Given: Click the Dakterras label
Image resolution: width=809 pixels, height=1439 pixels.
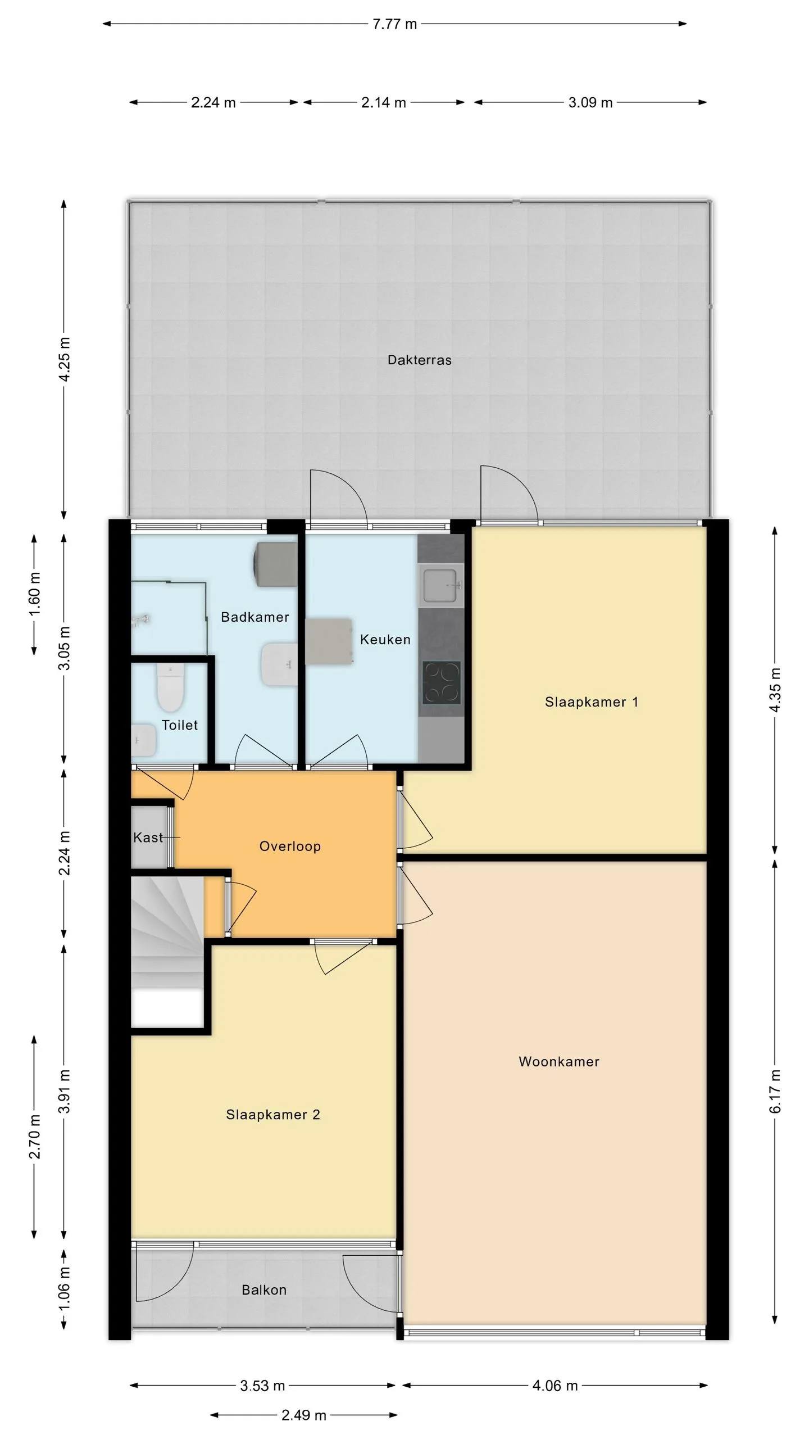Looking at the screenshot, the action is (x=419, y=360).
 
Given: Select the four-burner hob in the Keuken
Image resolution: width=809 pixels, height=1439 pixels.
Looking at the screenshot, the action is (x=442, y=682).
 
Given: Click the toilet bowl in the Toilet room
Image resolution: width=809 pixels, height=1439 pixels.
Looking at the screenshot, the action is (x=171, y=687).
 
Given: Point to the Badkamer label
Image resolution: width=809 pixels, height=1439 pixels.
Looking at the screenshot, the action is (x=255, y=617).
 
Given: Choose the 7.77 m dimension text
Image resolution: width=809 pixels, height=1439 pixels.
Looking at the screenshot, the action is (x=395, y=24).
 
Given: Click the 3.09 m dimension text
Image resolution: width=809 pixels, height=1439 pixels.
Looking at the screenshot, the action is (x=590, y=102).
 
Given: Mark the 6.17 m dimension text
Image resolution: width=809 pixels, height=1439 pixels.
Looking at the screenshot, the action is (x=775, y=1090).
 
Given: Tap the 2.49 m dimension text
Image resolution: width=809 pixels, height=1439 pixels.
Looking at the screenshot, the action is (x=304, y=1415).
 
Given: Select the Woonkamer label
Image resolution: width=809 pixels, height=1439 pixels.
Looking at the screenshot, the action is (x=559, y=1061).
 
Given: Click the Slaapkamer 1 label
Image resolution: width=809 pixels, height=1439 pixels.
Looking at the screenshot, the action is (x=592, y=702).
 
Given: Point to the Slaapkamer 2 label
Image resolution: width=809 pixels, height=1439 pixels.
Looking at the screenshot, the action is (x=273, y=1114).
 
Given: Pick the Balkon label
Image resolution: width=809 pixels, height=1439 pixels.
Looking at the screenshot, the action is (x=264, y=1289).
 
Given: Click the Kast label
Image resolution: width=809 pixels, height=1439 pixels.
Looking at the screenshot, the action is (x=148, y=838).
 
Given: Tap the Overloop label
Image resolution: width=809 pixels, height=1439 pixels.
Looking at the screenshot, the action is (x=290, y=846).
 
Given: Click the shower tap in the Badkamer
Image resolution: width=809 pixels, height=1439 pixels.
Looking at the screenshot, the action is (x=140, y=620).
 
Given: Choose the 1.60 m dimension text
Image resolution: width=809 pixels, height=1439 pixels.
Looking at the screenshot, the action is (x=35, y=594).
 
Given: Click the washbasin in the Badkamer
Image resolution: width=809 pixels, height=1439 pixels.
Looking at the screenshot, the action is (x=279, y=664).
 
